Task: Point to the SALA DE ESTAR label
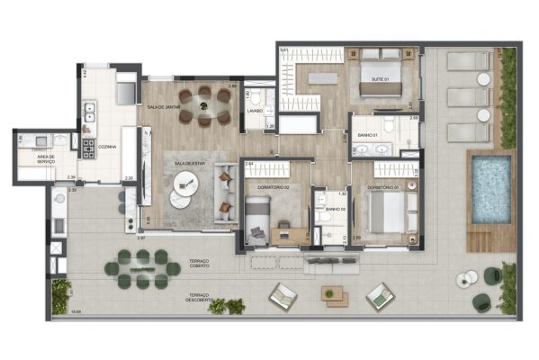[190, 163]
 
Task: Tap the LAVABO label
[255, 111]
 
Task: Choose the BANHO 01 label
[367, 135]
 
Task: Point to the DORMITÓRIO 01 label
[381, 187]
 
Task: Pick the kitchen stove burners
[90, 147]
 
